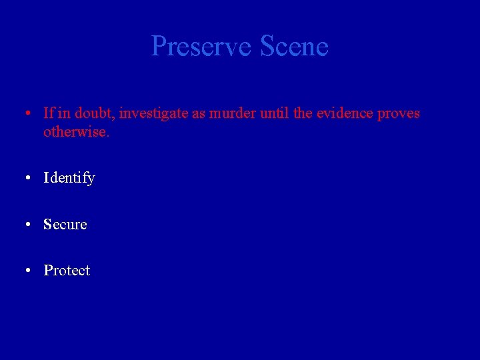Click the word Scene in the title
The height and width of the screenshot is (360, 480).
(x=294, y=47)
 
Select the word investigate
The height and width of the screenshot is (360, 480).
(x=154, y=114)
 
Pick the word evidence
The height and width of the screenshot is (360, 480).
(x=345, y=113)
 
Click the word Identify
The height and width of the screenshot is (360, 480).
(x=69, y=179)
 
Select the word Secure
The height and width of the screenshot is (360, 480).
(x=65, y=225)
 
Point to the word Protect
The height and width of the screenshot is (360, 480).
(x=67, y=271)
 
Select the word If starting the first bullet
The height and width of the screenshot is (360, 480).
(x=49, y=113)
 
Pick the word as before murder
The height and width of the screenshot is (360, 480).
(x=199, y=114)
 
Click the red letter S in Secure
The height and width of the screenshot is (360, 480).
(x=47, y=225)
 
